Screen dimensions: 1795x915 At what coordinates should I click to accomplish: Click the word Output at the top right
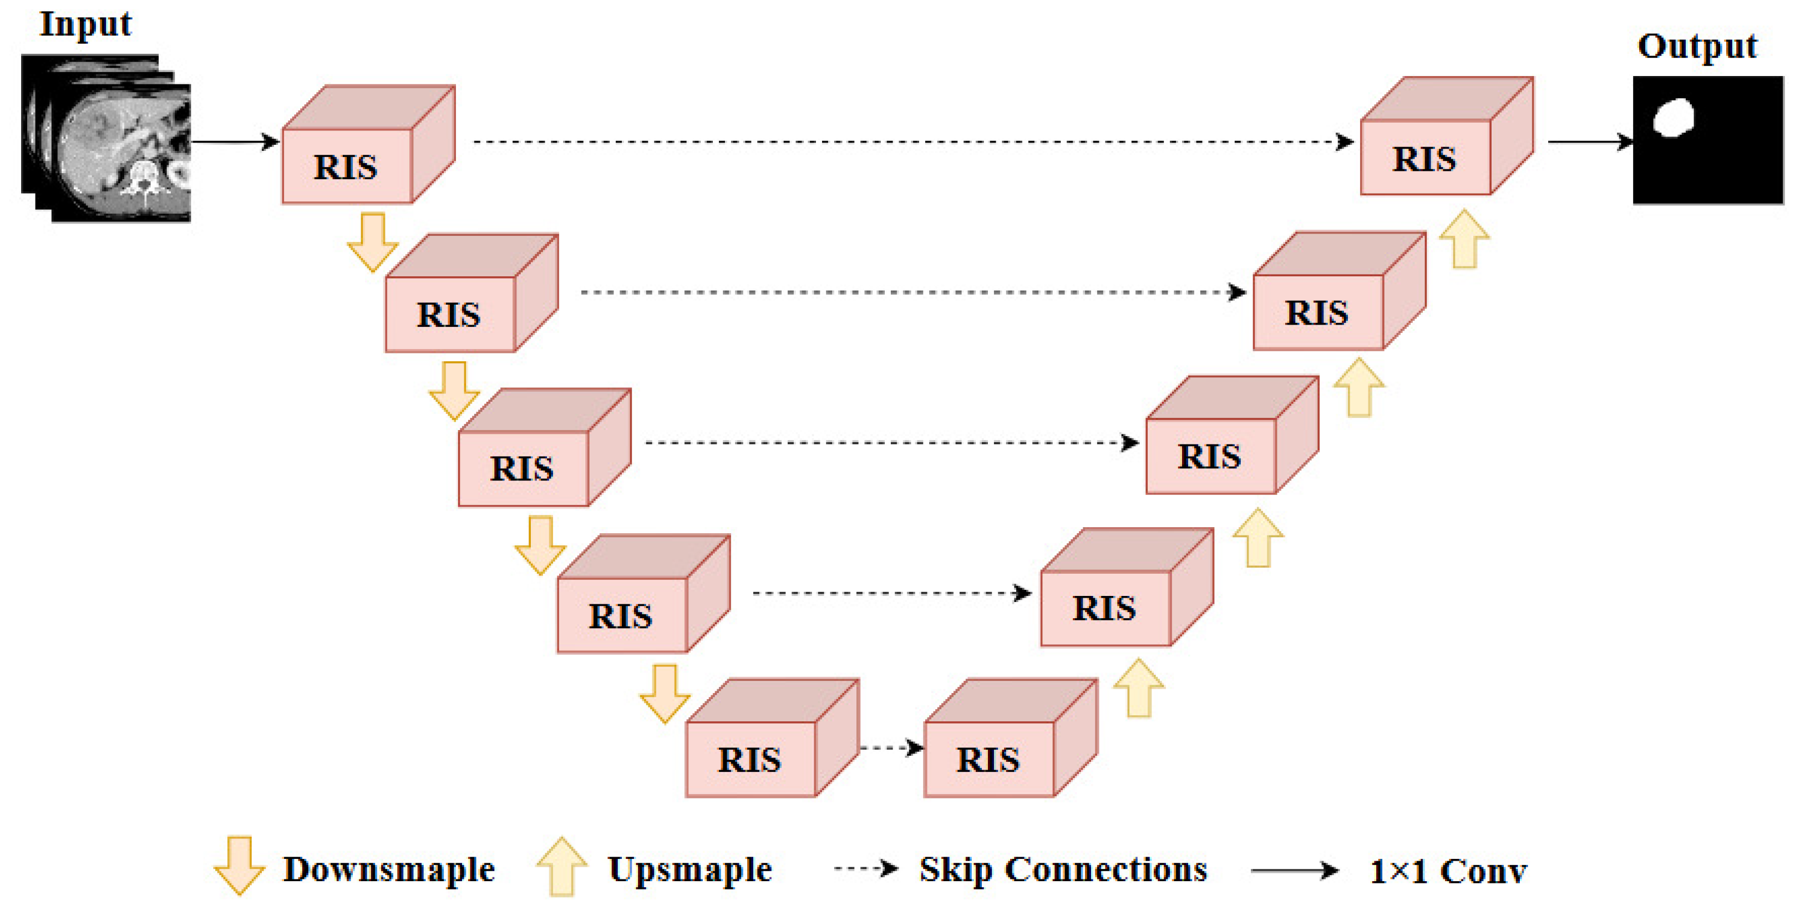click(1697, 47)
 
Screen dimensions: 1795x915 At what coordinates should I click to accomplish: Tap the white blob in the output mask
click(1673, 117)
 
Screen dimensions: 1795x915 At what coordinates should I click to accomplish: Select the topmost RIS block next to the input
click(368, 144)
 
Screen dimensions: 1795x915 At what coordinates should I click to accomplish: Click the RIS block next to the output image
click(1447, 136)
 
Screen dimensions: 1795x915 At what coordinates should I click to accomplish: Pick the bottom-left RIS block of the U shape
click(772, 738)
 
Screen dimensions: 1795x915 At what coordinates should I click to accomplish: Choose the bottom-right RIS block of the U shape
click(1011, 738)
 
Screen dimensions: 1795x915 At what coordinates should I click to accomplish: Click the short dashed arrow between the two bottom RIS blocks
click(893, 749)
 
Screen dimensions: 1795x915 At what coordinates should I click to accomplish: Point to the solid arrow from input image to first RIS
click(235, 142)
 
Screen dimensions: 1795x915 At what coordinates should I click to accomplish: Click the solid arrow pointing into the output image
click(1590, 142)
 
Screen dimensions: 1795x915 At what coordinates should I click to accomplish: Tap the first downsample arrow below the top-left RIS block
click(373, 242)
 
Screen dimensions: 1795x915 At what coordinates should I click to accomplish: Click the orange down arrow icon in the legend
click(239, 866)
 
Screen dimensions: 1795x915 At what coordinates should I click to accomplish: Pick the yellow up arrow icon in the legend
click(562, 866)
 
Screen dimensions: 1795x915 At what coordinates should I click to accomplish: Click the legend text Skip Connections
click(1063, 869)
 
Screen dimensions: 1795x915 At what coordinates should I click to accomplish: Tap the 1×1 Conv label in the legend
click(1448, 871)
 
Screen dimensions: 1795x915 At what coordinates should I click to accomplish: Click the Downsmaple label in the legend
click(389, 869)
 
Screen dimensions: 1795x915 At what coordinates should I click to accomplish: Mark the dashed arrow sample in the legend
click(866, 869)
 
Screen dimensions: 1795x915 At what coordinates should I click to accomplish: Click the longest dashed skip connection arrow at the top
click(914, 142)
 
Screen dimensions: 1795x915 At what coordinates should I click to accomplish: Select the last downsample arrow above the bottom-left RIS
click(665, 694)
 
